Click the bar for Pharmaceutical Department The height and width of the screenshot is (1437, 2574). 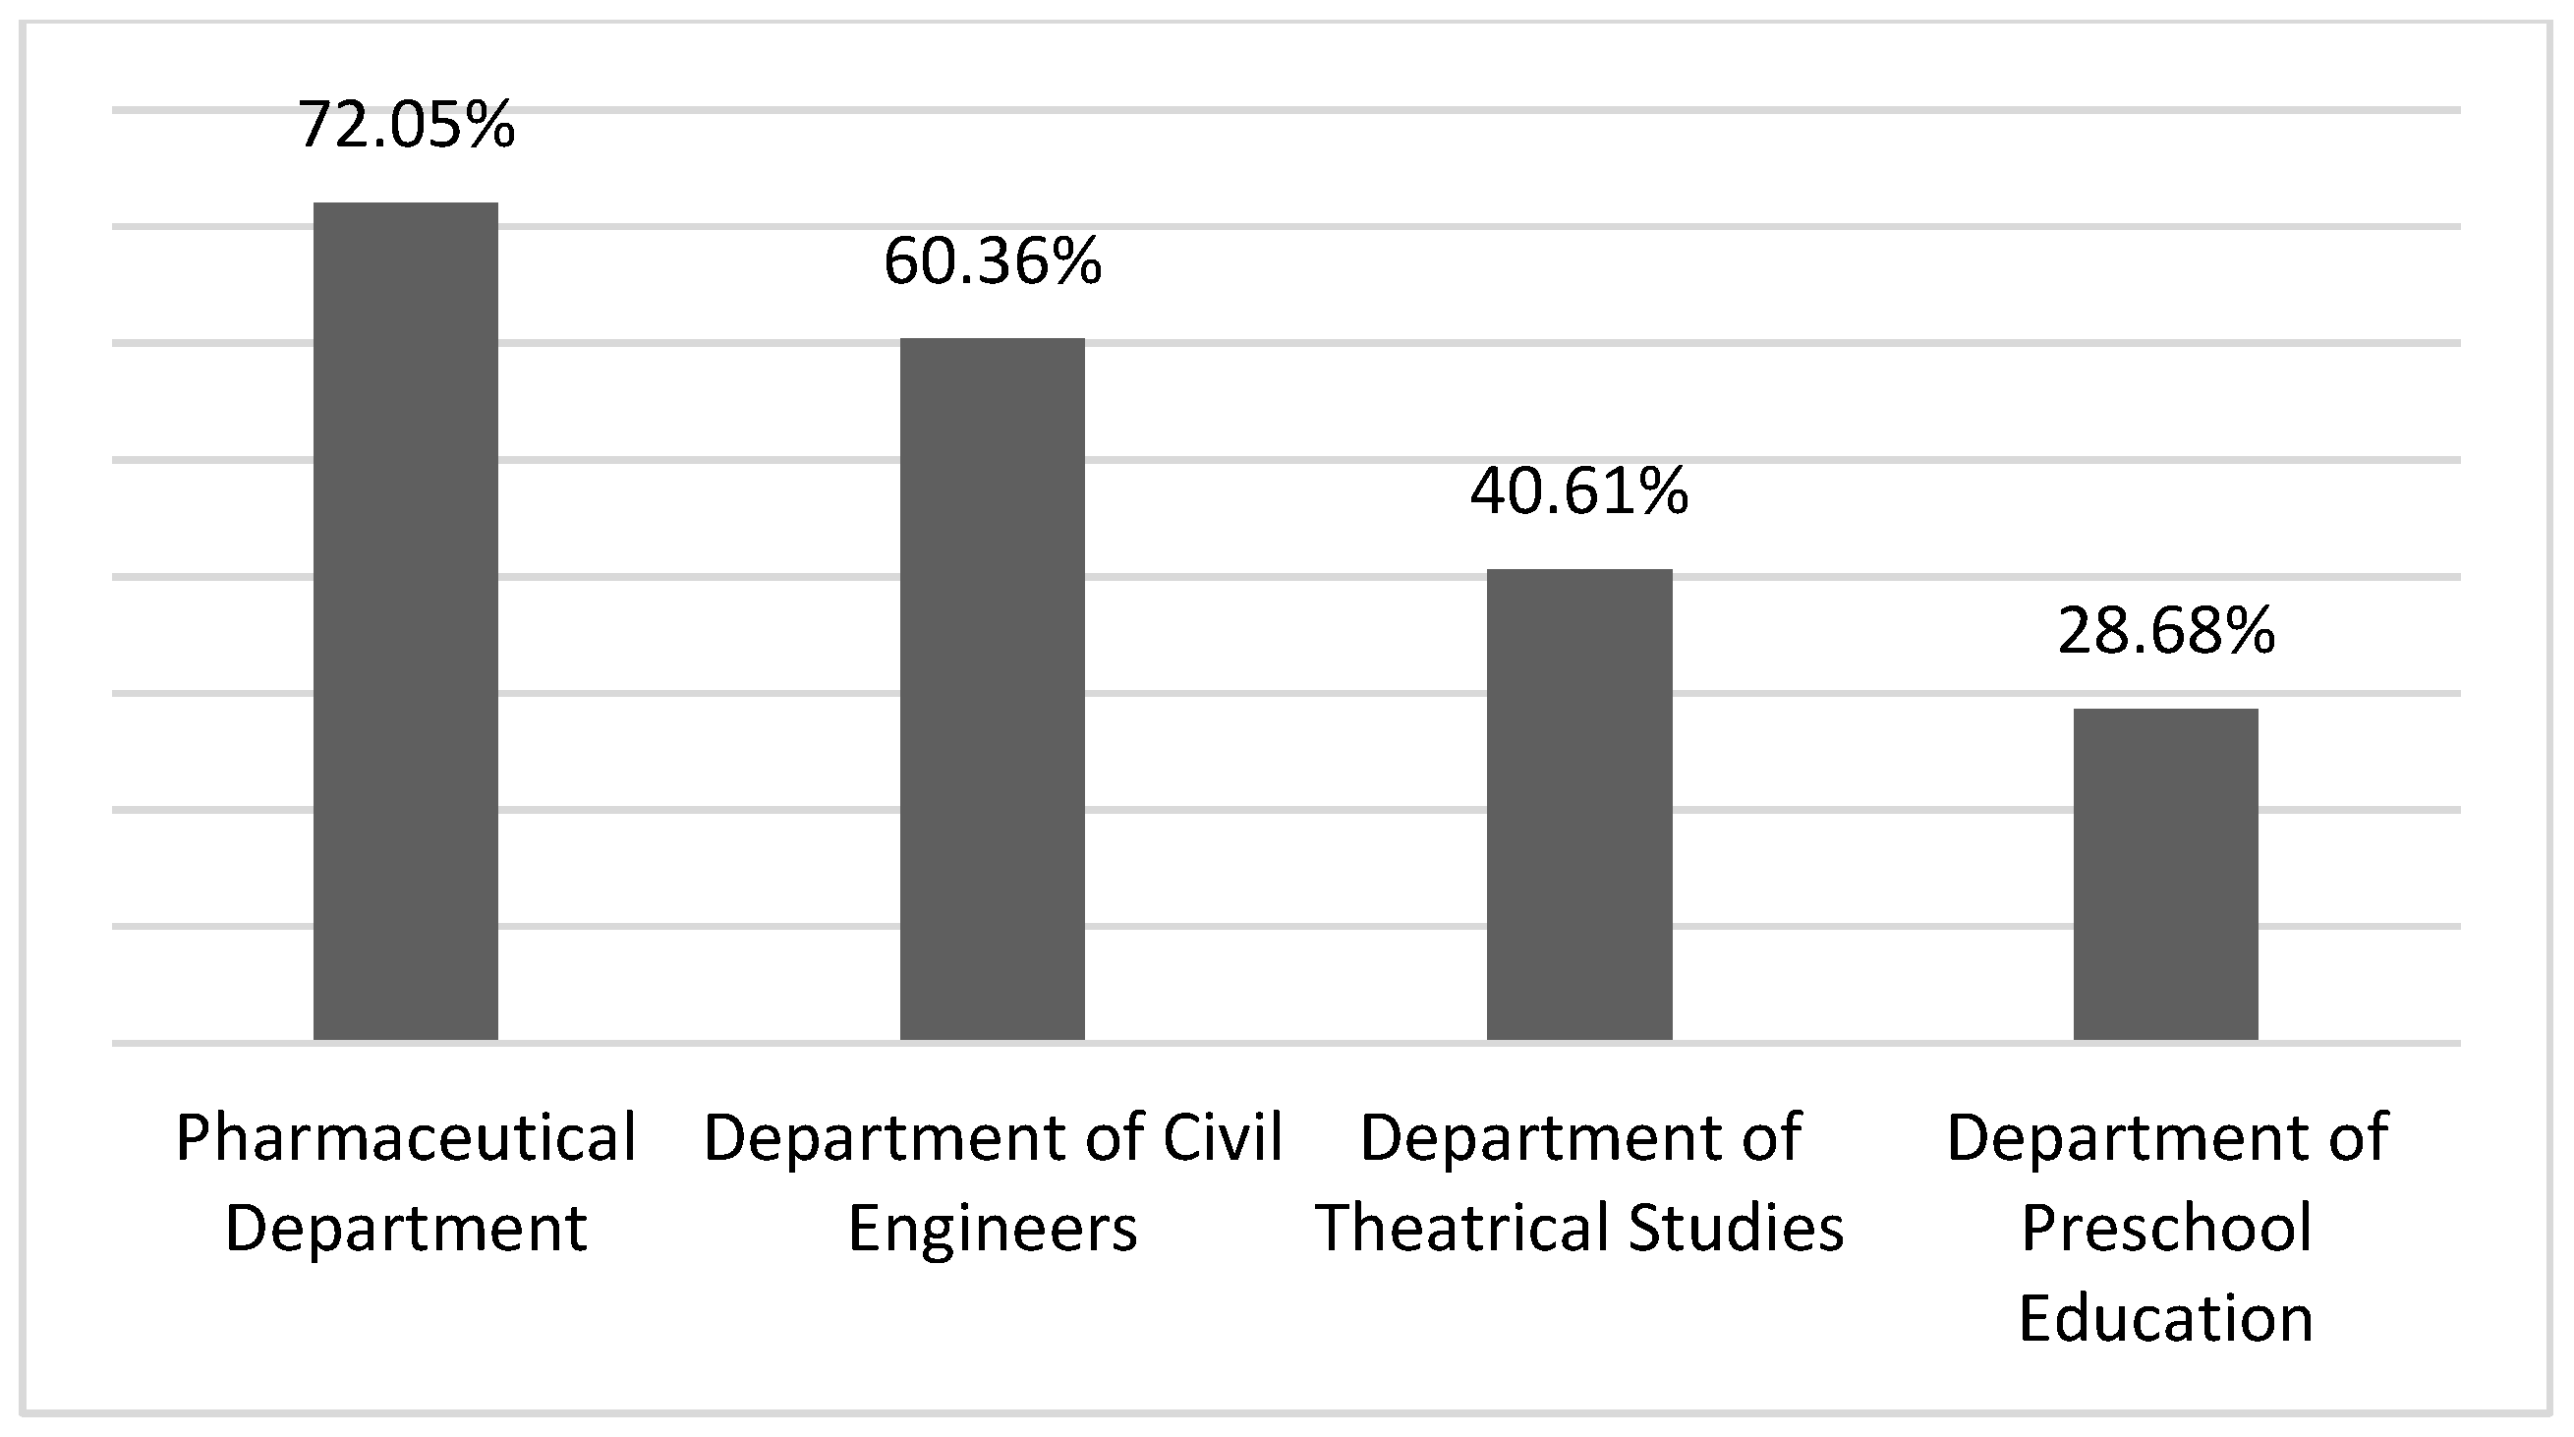coord(406,620)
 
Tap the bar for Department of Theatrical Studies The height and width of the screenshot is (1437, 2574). coord(1578,804)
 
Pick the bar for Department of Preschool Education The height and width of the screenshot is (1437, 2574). coord(2165,874)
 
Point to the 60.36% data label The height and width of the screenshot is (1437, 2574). coord(993,261)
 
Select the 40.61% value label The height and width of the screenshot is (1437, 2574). coord(1578,491)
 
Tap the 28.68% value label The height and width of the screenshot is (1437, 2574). coord(2165,632)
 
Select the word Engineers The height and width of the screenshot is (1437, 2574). coord(993,1227)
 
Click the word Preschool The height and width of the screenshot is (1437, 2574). coord(2165,1227)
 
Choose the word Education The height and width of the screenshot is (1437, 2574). coord(2165,1317)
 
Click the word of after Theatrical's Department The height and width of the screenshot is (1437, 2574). coord(1770,1137)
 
